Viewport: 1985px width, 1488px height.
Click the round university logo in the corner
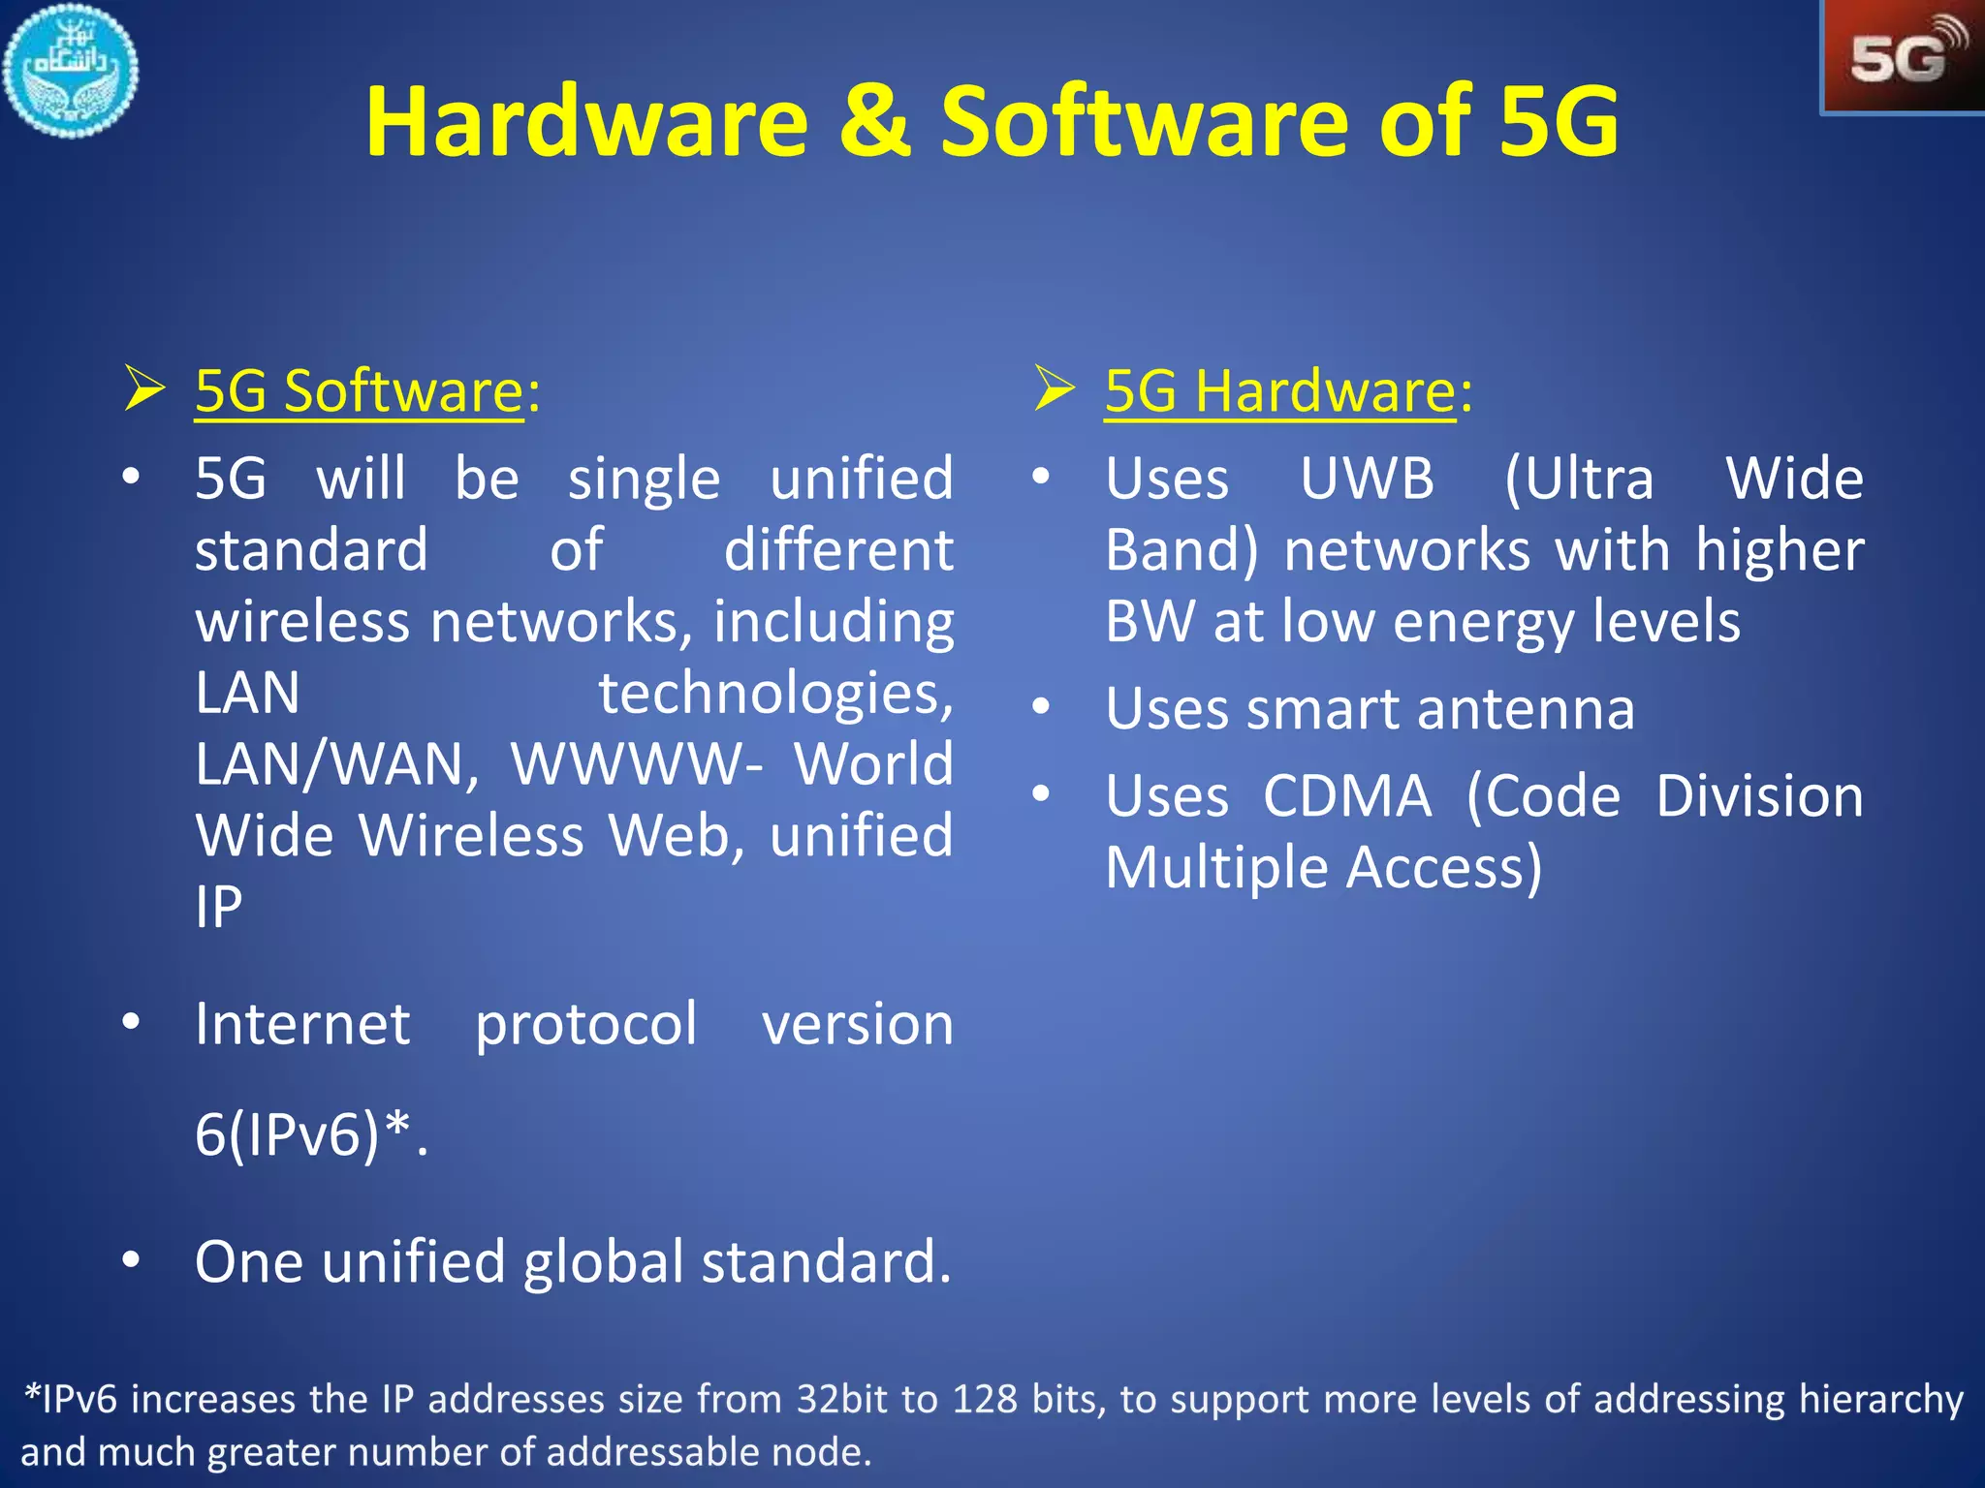tap(70, 70)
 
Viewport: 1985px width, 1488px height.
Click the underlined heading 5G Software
tap(359, 391)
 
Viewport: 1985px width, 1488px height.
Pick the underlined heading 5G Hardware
tap(1279, 391)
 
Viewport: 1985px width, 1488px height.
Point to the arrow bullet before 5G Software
tap(145, 388)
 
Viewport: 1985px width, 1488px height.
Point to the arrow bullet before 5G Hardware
tap(1055, 388)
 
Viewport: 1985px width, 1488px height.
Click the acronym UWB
tap(1367, 479)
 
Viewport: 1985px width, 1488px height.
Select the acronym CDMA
tap(1347, 796)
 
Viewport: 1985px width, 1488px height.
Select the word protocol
tap(585, 1025)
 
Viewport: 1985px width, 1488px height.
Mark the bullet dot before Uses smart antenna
tap(1041, 707)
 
